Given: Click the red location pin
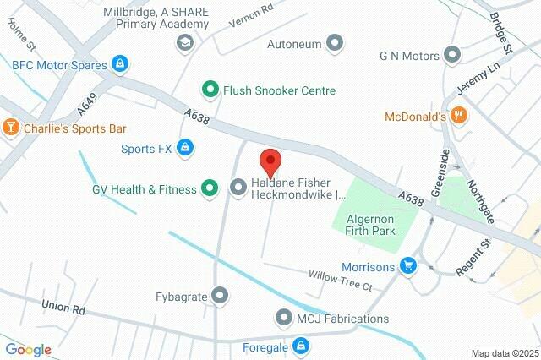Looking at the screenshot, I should pyautogui.click(x=270, y=161).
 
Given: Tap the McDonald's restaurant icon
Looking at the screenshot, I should pyautogui.click(x=459, y=116).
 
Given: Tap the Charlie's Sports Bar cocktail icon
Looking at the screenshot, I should pyautogui.click(x=11, y=128).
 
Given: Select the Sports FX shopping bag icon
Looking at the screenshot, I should pyautogui.click(x=186, y=150).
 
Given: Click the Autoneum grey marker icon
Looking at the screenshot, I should pyautogui.click(x=336, y=42).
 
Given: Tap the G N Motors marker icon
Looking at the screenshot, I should pyautogui.click(x=453, y=56).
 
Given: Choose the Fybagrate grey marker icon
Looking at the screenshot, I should pyautogui.click(x=221, y=295).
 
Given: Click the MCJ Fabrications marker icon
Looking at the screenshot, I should pyautogui.click(x=283, y=319).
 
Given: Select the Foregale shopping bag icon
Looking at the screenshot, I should pyautogui.click(x=300, y=345).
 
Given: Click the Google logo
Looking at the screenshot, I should pyautogui.click(x=28, y=349).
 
